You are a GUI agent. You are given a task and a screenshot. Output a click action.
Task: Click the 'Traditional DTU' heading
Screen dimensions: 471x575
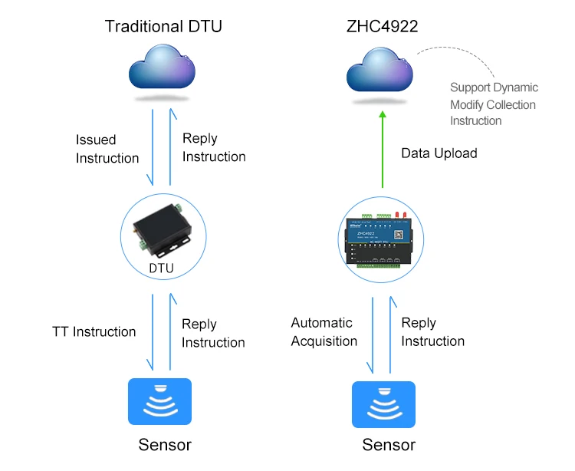coord(163,27)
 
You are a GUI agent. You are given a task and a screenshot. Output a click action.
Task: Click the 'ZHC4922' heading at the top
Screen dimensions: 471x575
coord(383,27)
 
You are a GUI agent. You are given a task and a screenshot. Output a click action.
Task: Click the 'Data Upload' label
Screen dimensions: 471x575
coord(439,153)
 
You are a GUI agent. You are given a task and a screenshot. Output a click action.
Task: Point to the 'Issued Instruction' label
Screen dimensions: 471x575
coord(107,149)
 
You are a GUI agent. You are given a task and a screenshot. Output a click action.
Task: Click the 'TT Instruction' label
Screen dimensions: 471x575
coord(94,332)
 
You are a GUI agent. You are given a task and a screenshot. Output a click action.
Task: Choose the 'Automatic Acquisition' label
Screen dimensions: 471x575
coord(324,332)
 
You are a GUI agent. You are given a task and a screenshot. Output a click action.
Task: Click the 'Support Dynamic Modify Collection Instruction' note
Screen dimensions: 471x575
coord(494,104)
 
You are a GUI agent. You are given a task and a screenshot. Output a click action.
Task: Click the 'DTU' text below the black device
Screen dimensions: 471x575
coord(161,268)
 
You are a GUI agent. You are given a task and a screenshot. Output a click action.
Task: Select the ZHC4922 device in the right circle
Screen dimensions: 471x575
coord(382,237)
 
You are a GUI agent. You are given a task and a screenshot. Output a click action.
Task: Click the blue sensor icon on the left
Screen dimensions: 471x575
coord(159,403)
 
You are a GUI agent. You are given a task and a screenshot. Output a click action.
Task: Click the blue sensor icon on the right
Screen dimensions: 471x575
coord(383,404)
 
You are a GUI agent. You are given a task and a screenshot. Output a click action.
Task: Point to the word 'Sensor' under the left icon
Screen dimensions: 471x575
coord(165,445)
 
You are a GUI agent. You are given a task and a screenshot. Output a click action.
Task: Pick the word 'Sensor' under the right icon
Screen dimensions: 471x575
coord(389,445)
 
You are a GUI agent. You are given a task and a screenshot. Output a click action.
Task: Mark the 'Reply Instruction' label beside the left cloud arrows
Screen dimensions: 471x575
coord(214,147)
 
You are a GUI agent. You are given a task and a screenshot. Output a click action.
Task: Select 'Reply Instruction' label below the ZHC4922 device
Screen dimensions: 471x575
coord(432,332)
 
